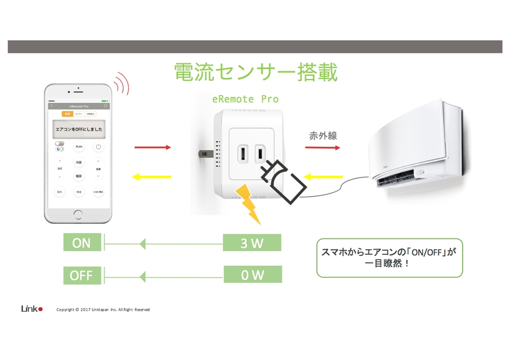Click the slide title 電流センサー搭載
(x=256, y=72)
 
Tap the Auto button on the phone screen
(x=79, y=147)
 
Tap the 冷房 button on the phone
(x=79, y=163)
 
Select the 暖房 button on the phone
(x=79, y=176)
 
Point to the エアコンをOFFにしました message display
(x=79, y=129)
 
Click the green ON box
(x=81, y=243)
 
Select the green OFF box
(x=81, y=275)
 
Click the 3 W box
(x=252, y=243)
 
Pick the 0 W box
(x=252, y=275)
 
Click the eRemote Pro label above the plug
(x=245, y=99)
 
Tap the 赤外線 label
(x=323, y=136)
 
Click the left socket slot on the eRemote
(x=244, y=153)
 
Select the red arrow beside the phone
(x=152, y=147)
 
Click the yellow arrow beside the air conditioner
(x=323, y=177)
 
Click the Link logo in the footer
(x=31, y=309)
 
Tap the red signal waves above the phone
(x=123, y=83)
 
